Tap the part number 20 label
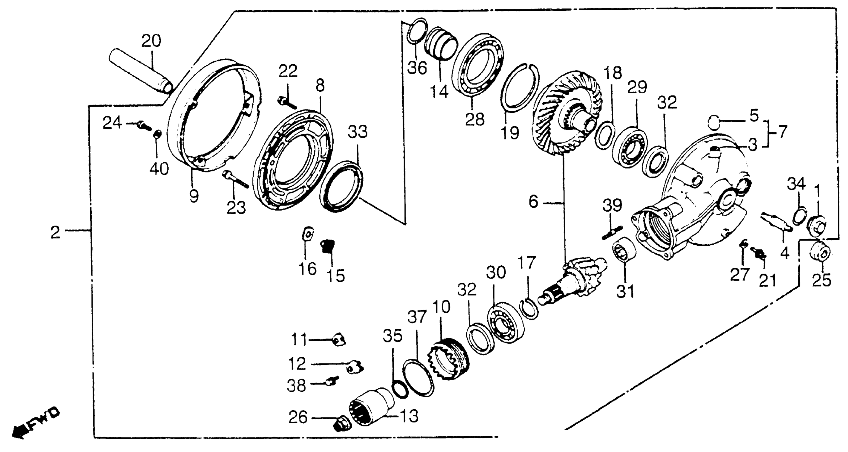(x=151, y=41)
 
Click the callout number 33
(x=358, y=132)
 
